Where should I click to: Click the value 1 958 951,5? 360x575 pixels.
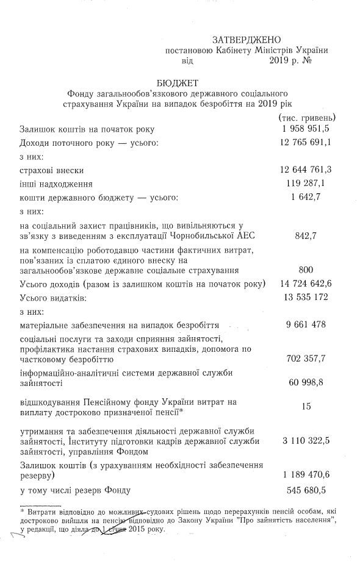(305, 129)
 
